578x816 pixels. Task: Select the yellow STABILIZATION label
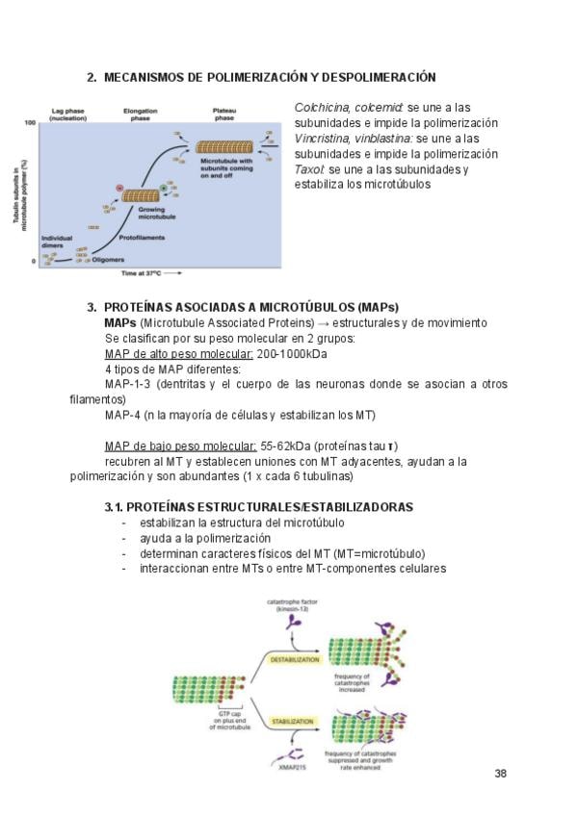coord(294,719)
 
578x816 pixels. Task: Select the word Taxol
coord(309,169)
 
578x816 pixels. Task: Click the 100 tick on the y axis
coord(30,123)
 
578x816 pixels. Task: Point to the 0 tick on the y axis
coord(33,261)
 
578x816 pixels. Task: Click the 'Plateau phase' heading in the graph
coord(223,115)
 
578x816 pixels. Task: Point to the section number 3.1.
coord(115,506)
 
